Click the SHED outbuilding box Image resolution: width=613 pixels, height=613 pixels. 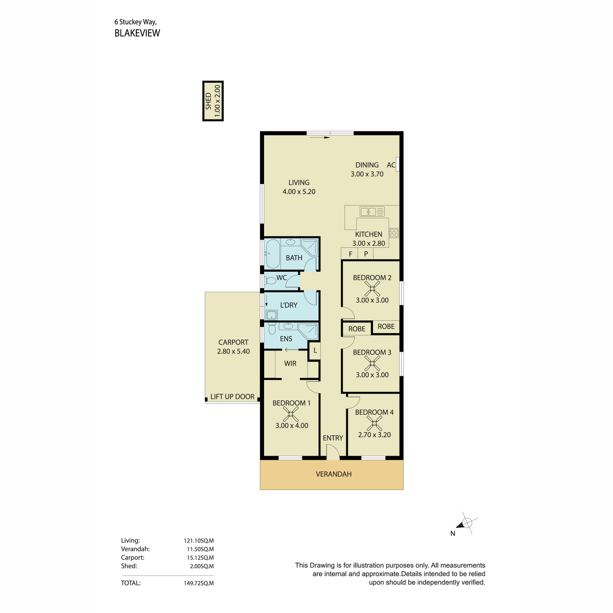click(x=213, y=101)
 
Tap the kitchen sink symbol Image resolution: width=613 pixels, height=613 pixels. click(x=372, y=211)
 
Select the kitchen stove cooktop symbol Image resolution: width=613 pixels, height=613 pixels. click(x=394, y=232)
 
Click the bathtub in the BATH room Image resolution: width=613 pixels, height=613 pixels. click(x=273, y=254)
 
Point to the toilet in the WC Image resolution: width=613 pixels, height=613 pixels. click(x=270, y=281)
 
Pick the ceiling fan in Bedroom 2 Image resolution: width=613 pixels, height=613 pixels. click(x=372, y=289)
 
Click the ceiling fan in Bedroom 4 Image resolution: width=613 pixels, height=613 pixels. click(x=374, y=423)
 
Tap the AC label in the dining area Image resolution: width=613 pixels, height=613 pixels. click(x=391, y=165)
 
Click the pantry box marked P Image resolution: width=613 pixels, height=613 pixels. click(x=366, y=253)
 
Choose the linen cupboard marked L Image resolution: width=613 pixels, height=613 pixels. click(x=315, y=351)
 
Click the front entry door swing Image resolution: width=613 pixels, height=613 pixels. click(x=333, y=453)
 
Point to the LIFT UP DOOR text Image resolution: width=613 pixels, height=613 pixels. click(x=232, y=397)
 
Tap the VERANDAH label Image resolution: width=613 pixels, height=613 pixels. click(x=334, y=474)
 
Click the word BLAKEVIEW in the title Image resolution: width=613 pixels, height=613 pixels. click(x=137, y=33)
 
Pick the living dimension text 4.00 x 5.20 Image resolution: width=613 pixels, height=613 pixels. click(x=299, y=192)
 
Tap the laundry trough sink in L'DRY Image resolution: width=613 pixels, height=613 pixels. click(x=271, y=315)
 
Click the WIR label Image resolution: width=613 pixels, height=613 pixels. click(x=290, y=363)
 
